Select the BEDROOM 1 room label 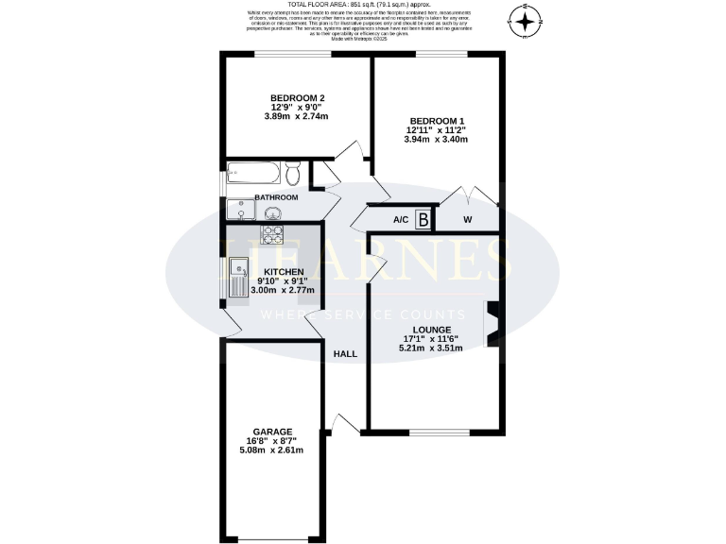click(436, 120)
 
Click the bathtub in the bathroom click(252, 174)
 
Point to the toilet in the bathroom click(293, 174)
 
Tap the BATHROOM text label click(275, 197)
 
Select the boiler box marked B click(423, 220)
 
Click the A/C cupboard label click(400, 220)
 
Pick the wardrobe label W click(467, 220)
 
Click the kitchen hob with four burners click(272, 233)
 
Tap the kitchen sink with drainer click(236, 274)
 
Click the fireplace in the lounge click(490, 324)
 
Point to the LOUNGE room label click(433, 329)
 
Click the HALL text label click(346, 354)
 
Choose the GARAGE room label click(270, 431)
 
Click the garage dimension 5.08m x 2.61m click(270, 450)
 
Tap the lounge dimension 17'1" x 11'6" click(433, 338)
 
